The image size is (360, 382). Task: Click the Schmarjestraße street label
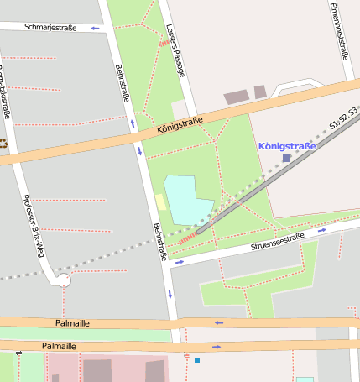click(x=50, y=27)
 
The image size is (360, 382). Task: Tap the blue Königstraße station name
click(x=287, y=146)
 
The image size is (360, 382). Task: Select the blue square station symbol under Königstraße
click(x=286, y=158)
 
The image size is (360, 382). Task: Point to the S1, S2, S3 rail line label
click(x=344, y=118)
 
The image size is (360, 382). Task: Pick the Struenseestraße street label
click(x=277, y=243)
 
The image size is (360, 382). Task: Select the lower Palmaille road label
click(x=59, y=346)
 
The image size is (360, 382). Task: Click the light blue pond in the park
click(x=188, y=200)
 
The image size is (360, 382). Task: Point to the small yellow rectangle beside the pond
click(x=159, y=202)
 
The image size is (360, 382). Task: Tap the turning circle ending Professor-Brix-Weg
click(x=64, y=280)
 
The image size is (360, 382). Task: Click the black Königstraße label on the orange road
click(x=180, y=127)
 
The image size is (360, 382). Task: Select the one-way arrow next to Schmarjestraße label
click(x=95, y=28)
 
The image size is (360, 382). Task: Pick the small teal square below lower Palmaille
click(x=197, y=360)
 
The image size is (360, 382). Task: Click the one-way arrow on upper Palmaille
click(x=219, y=322)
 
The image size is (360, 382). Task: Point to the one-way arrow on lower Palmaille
click(x=216, y=346)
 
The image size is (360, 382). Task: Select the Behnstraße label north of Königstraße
click(x=123, y=84)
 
